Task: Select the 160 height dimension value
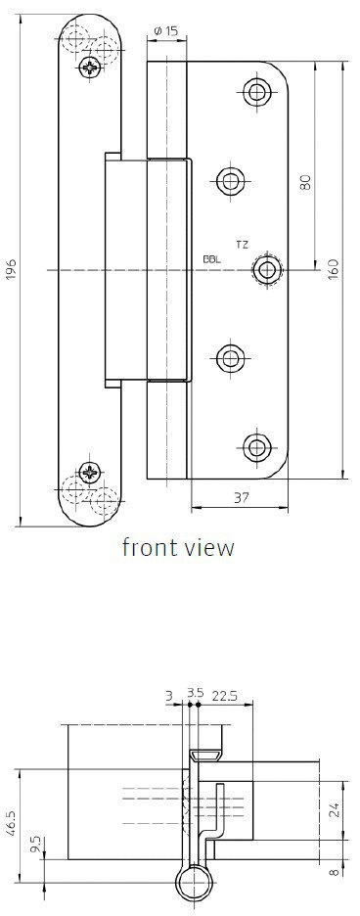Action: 334,269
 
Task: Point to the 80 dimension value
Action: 305,183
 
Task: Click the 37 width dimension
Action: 241,498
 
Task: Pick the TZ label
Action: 242,245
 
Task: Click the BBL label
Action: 212,260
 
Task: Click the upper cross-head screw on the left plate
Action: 89,68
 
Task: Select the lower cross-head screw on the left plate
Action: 90,472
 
